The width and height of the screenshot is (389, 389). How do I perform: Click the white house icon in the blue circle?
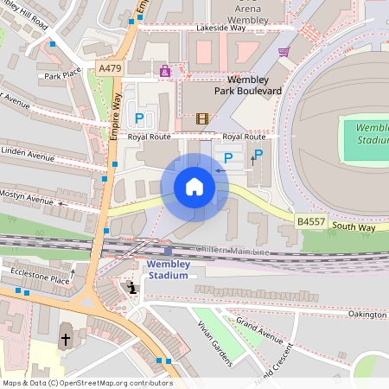tap(194, 187)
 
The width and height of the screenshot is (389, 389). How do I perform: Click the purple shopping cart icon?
tap(284, 52)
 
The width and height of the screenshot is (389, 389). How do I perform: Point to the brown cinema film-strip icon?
tap(202, 118)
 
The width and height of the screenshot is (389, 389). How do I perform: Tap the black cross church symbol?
tap(66, 340)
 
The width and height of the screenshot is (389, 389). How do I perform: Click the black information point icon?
tap(131, 288)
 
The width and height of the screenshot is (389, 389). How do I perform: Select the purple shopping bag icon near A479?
tap(165, 71)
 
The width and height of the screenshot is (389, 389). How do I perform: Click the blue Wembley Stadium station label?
tap(168, 269)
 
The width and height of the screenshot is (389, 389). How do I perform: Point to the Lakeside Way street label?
tap(220, 28)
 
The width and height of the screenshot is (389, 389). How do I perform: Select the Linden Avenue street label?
tap(28, 154)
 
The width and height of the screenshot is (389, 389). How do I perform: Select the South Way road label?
tap(355, 226)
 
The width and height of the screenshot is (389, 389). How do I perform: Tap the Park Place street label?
tap(62, 74)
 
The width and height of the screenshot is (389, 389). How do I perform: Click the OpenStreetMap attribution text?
tap(86, 383)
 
